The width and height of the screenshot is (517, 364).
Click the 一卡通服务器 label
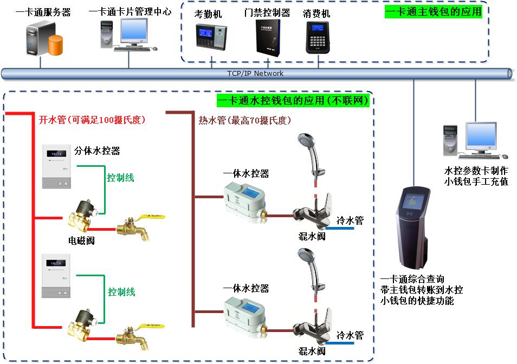(x=43, y=12)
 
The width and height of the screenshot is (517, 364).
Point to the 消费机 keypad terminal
(x=318, y=37)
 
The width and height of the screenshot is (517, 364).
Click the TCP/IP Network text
(x=255, y=74)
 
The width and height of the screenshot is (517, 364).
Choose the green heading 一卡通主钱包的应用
(x=433, y=12)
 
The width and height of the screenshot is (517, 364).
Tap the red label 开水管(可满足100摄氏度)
(x=92, y=119)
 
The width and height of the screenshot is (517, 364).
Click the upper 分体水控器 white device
(x=57, y=166)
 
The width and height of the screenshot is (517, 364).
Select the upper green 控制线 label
(x=120, y=178)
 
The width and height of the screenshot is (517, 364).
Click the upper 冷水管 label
(x=350, y=220)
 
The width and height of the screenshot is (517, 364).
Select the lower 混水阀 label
(x=312, y=352)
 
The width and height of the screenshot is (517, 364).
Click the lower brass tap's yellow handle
(x=144, y=327)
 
